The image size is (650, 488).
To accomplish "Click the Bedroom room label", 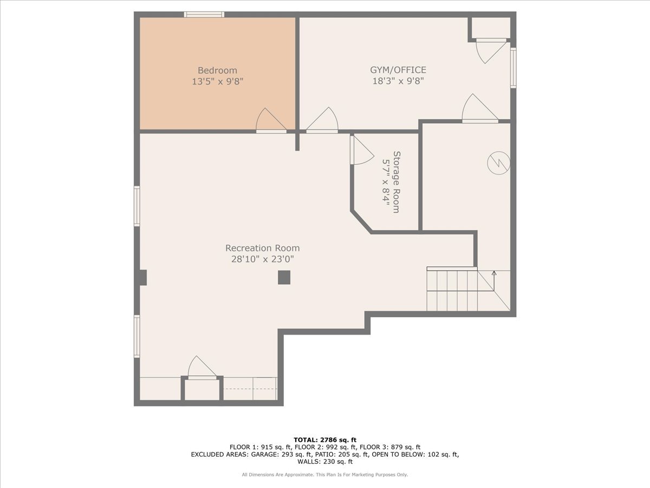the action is tap(217, 70).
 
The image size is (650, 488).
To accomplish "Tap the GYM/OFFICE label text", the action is tap(398, 70).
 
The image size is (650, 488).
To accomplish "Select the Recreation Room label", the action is tap(262, 248).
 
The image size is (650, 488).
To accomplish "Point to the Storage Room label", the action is tap(396, 182).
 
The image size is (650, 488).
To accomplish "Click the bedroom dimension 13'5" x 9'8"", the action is tap(217, 81).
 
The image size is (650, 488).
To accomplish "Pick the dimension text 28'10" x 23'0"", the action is tap(262, 259).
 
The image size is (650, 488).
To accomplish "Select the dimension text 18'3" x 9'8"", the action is tap(398, 81).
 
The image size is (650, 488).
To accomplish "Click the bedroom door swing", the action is tap(271, 120).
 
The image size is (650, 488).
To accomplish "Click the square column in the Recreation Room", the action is tap(284, 278).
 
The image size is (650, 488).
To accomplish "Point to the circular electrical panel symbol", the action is tap(499, 163).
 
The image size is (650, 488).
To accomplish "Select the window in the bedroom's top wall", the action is tap(204, 15).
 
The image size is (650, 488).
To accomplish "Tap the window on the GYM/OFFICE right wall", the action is tap(513, 68).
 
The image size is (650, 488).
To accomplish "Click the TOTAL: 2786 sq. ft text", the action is tap(325, 440).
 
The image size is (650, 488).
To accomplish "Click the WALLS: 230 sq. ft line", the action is tap(325, 461).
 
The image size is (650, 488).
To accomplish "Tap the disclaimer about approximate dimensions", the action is tap(325, 474).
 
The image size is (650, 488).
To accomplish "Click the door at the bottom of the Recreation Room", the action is tap(202, 368).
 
